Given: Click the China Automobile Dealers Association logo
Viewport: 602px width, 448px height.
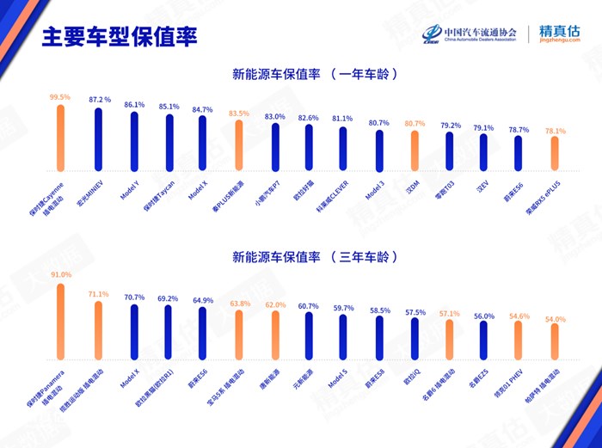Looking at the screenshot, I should [473, 34].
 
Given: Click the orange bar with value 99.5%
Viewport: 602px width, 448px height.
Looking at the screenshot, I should [60, 137].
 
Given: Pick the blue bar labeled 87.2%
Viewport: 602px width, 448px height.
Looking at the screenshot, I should [99, 141].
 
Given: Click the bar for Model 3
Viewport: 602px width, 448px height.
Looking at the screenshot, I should [378, 151].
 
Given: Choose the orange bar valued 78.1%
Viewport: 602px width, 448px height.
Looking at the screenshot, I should [556, 154].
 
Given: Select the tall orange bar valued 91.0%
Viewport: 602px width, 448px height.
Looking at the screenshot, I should [60, 322].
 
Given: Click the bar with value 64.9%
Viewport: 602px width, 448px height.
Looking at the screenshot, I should [204, 334].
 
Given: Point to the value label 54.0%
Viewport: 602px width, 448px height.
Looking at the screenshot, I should [556, 319].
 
